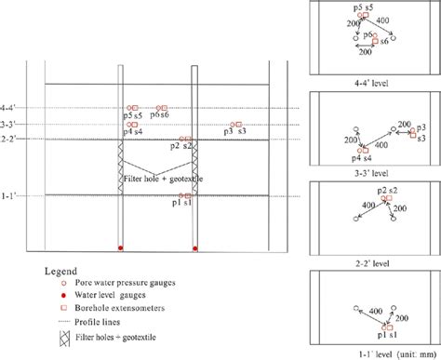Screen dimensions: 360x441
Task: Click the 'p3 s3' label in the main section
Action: [234, 132]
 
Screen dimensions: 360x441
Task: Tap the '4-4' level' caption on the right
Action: [372, 81]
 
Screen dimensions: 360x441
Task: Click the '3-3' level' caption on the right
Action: [372, 172]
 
